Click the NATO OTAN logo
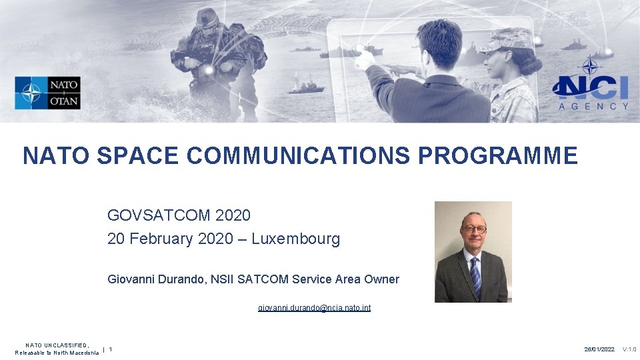(47, 93)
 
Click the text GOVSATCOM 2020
(179, 215)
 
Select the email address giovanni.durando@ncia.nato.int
(314, 307)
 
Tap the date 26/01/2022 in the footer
(599, 349)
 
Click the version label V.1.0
(629, 349)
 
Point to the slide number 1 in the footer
(111, 349)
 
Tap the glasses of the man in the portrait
(474, 229)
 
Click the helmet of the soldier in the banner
(207, 17)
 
